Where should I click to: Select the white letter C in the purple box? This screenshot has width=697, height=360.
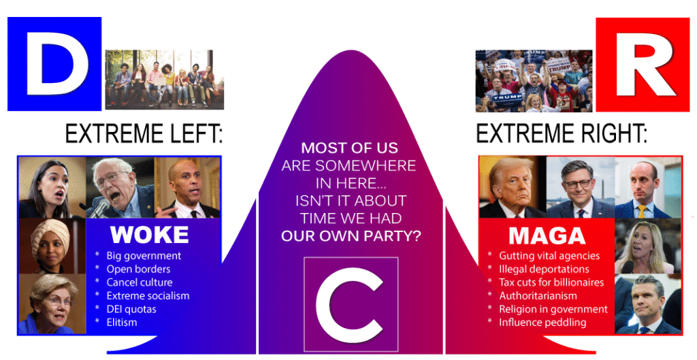pyautogui.click(x=351, y=304)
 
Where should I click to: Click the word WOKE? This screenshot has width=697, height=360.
pyautogui.click(x=150, y=235)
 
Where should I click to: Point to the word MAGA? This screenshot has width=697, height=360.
pyautogui.click(x=547, y=235)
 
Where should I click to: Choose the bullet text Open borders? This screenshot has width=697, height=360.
pyautogui.click(x=138, y=269)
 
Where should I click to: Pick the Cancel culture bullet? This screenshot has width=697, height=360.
pyautogui.click(x=139, y=282)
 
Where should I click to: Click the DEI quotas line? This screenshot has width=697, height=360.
pyautogui.click(x=131, y=309)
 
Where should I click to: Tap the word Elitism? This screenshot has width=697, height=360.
pyautogui.click(x=122, y=322)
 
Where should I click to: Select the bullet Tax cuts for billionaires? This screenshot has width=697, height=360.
pyautogui.click(x=551, y=282)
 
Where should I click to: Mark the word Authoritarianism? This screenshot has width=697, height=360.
pyautogui.click(x=538, y=295)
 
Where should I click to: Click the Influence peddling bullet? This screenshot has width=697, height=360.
pyautogui.click(x=542, y=322)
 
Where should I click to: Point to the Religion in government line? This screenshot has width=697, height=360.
pyautogui.click(x=553, y=309)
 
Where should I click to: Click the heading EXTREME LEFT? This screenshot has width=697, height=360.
pyautogui.click(x=144, y=133)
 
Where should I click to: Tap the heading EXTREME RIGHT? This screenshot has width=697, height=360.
pyautogui.click(x=562, y=133)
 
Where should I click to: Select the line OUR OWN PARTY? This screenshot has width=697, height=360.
pyautogui.click(x=351, y=235)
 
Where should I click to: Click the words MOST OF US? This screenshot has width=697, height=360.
pyautogui.click(x=349, y=148)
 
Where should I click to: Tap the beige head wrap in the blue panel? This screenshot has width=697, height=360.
pyautogui.click(x=50, y=238)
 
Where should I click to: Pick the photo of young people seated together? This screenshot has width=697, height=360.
pyautogui.click(x=165, y=80)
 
